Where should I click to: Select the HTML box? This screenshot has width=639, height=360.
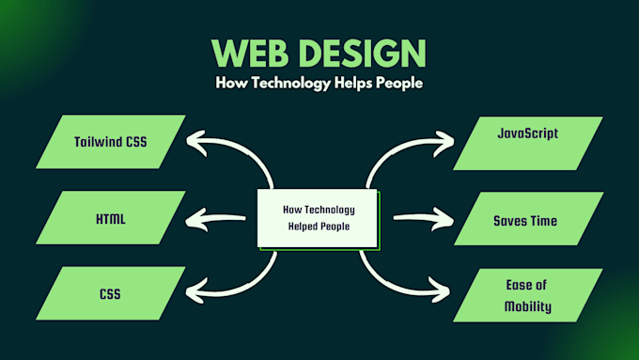(x=111, y=219)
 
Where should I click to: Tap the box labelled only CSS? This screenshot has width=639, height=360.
(x=111, y=294)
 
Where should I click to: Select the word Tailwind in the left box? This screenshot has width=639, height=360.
(x=97, y=143)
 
